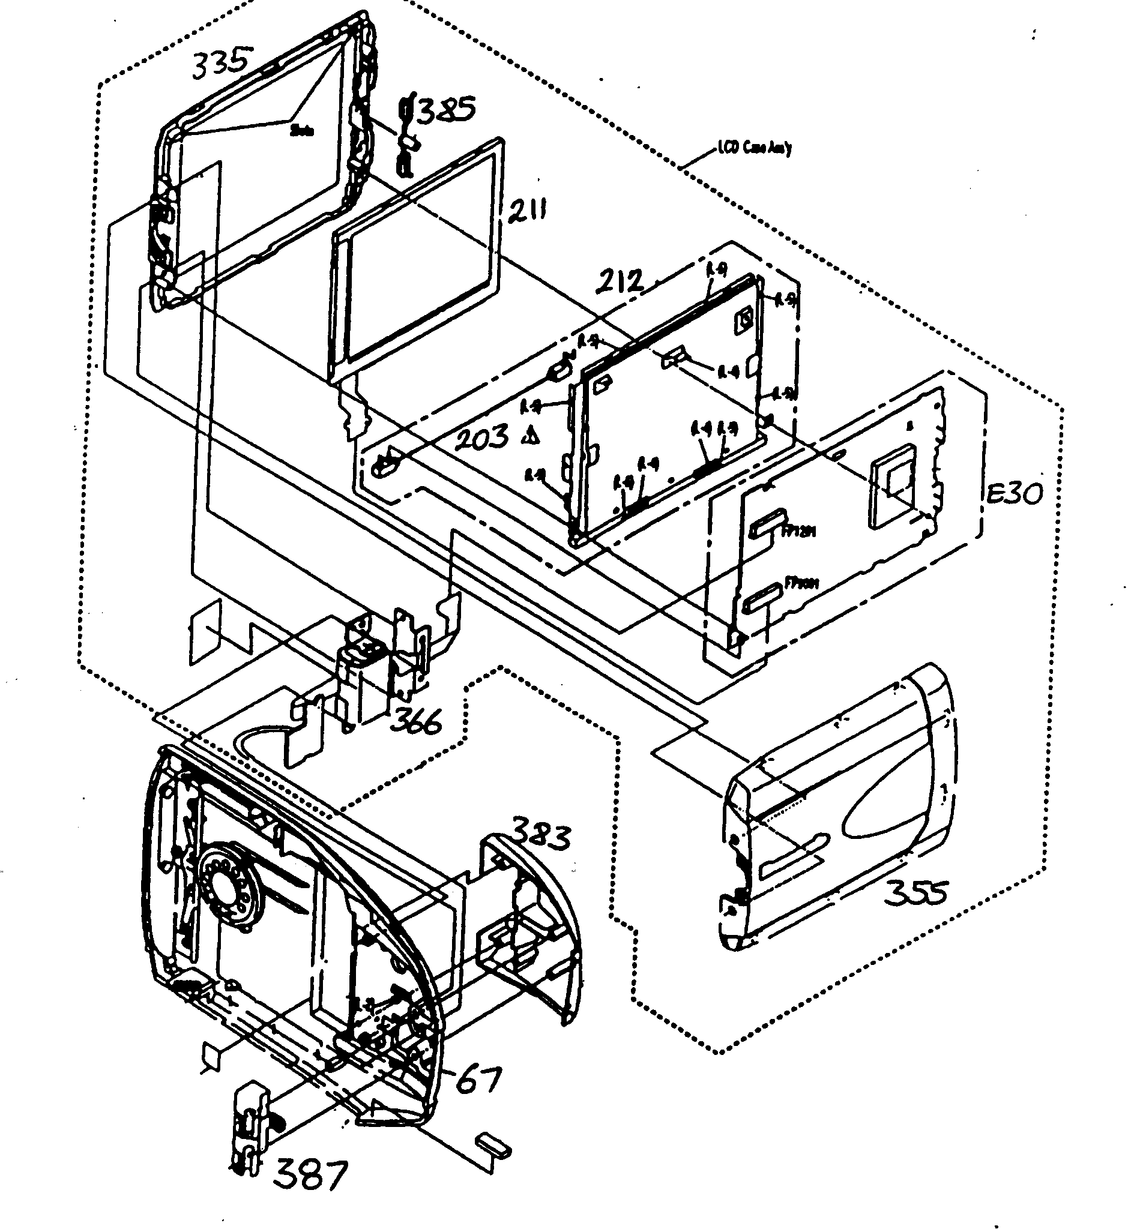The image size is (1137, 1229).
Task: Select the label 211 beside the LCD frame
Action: pyautogui.click(x=526, y=211)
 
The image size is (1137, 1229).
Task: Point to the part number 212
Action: pyautogui.click(x=620, y=281)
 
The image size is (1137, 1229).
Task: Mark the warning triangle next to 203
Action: pyautogui.click(x=531, y=437)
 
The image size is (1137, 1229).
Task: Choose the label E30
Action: pyautogui.click(x=1015, y=493)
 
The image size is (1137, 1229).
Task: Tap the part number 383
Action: pyautogui.click(x=541, y=835)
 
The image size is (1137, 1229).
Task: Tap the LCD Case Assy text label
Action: pyautogui.click(x=755, y=148)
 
